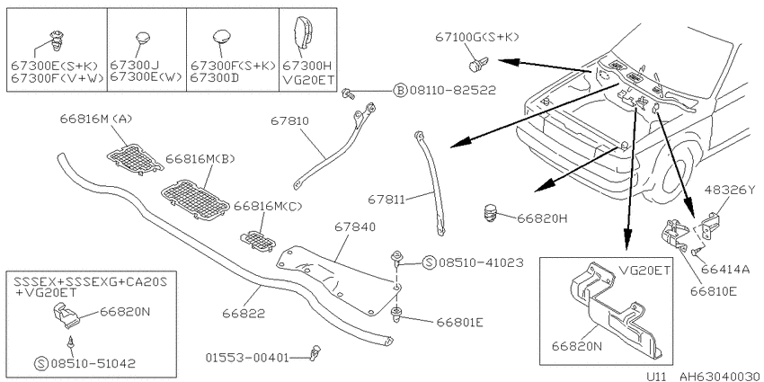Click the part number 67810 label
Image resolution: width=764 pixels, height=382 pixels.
click(289, 120)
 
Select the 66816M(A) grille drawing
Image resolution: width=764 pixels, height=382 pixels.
click(135, 159)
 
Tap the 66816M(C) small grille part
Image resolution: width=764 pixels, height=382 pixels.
click(257, 241)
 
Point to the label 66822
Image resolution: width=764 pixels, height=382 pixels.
click(244, 314)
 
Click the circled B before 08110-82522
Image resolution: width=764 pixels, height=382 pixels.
click(400, 90)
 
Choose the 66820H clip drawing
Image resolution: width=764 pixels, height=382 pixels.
click(491, 213)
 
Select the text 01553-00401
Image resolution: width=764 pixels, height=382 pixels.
click(247, 358)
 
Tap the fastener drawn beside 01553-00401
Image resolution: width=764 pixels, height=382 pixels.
click(315, 351)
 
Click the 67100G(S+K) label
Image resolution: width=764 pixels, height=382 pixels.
click(477, 37)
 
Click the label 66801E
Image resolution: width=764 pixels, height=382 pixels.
click(459, 322)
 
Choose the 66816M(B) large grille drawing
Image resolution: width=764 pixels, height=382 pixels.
click(195, 200)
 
